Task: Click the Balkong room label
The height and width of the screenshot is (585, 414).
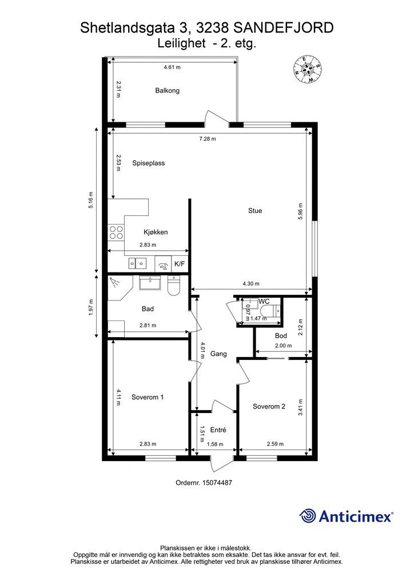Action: coord(167,91)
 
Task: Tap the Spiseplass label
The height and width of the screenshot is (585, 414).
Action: coord(149,163)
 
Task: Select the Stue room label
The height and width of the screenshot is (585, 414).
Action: coord(255,210)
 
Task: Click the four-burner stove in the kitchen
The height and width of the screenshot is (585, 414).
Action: coord(116,232)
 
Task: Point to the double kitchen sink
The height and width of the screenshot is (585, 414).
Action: coord(137,263)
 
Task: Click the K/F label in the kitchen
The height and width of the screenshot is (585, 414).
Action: coord(180,264)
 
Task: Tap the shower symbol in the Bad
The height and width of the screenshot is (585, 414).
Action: coord(114,282)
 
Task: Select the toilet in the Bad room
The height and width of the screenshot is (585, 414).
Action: coord(174,286)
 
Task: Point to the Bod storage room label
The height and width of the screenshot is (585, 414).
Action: coord(281,336)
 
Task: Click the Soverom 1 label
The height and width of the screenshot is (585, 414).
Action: coord(148,398)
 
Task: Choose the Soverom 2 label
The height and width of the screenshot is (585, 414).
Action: coord(269,406)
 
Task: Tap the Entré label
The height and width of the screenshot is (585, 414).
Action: coord(218,430)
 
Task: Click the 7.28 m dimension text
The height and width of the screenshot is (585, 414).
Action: coord(208,139)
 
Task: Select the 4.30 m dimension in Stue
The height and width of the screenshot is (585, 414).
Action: coord(251,283)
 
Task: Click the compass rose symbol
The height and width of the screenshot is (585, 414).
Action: coord(308,69)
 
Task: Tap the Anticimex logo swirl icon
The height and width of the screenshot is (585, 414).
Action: coord(308,516)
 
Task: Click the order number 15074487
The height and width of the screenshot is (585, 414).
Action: coord(217,482)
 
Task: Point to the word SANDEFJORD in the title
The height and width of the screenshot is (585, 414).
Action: coord(284,28)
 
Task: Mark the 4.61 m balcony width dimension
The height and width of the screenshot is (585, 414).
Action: coord(172,67)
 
